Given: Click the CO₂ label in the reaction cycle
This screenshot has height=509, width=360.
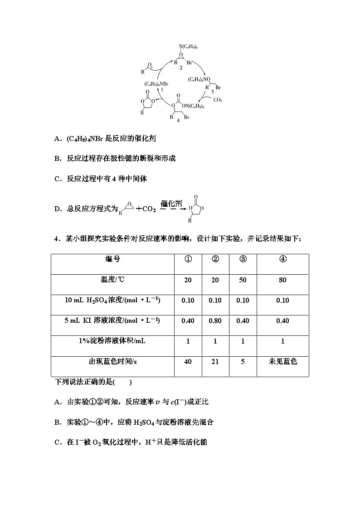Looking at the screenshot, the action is (218, 100).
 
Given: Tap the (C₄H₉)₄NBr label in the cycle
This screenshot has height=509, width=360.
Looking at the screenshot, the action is (157, 84).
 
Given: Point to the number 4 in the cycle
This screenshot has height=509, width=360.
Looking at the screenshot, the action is (178, 120).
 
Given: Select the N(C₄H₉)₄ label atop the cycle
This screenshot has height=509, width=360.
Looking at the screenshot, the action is (188, 47).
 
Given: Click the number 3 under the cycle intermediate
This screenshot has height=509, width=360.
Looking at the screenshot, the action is (212, 92).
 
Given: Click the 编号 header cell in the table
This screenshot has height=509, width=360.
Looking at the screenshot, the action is (113, 259).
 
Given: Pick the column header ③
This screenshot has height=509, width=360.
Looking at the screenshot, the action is (243, 259).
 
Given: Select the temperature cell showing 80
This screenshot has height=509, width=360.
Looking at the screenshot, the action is (282, 280).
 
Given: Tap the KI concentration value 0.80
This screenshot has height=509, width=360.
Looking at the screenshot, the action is (215, 321).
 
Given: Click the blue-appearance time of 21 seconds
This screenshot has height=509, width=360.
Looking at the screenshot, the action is (215, 362).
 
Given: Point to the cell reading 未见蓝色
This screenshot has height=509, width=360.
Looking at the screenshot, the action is (282, 362).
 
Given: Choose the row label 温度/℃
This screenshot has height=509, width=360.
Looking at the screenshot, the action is (113, 280).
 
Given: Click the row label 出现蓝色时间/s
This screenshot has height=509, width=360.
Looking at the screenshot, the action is (113, 362).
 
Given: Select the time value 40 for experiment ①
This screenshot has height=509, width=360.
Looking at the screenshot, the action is (188, 362).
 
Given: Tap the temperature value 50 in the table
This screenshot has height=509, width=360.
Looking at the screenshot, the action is (243, 280).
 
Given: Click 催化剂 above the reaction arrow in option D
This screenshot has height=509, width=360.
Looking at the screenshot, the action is (171, 204).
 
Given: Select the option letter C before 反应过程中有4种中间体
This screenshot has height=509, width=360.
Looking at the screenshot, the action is (57, 179).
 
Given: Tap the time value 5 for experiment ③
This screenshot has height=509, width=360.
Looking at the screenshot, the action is (243, 362).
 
